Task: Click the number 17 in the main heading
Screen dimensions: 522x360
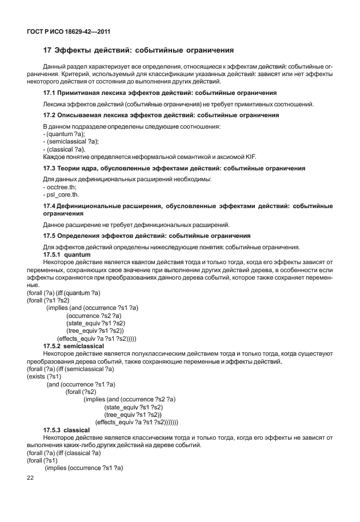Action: tap(47, 50)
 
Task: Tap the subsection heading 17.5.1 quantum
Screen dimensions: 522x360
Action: tap(63, 254)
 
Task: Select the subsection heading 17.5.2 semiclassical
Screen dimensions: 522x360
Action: tap(73, 346)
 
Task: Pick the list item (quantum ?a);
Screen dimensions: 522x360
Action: tap(63, 133)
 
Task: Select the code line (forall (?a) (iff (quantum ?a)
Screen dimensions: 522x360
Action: tap(64, 293)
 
